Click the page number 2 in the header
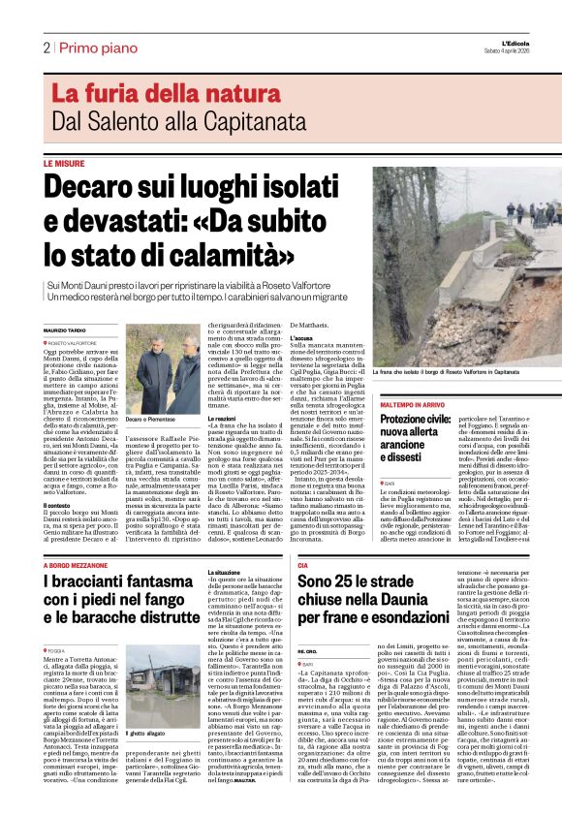[x=47, y=47]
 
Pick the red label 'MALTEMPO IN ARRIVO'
[x=413, y=403]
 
